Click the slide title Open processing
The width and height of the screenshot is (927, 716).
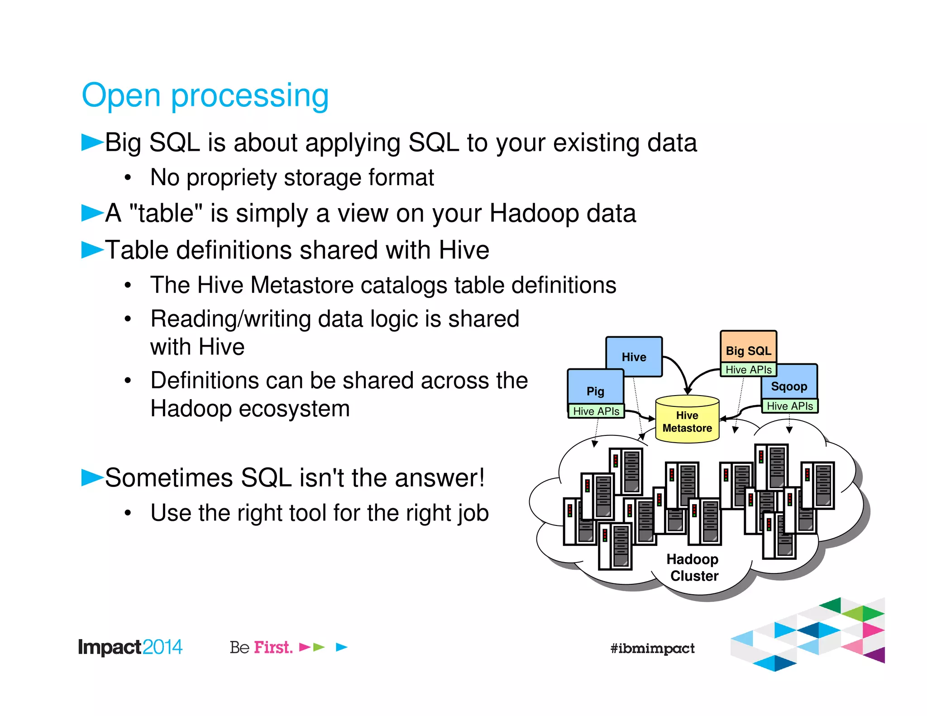point(205,95)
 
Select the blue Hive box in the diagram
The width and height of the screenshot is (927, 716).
point(634,357)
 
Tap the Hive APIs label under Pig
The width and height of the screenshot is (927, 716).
point(596,411)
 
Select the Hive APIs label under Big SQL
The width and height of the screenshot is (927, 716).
point(748,370)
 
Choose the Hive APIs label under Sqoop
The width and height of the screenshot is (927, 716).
point(790,406)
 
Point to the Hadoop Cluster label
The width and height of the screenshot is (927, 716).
point(693,568)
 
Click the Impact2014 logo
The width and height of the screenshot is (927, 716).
point(130,647)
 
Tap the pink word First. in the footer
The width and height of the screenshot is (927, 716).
point(273,647)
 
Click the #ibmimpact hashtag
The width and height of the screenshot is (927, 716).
point(652,648)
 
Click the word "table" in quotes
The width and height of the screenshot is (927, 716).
point(166,213)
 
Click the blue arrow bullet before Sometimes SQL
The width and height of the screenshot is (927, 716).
point(92,477)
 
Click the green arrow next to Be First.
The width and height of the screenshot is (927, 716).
point(319,647)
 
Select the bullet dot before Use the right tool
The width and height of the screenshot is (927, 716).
point(128,513)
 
